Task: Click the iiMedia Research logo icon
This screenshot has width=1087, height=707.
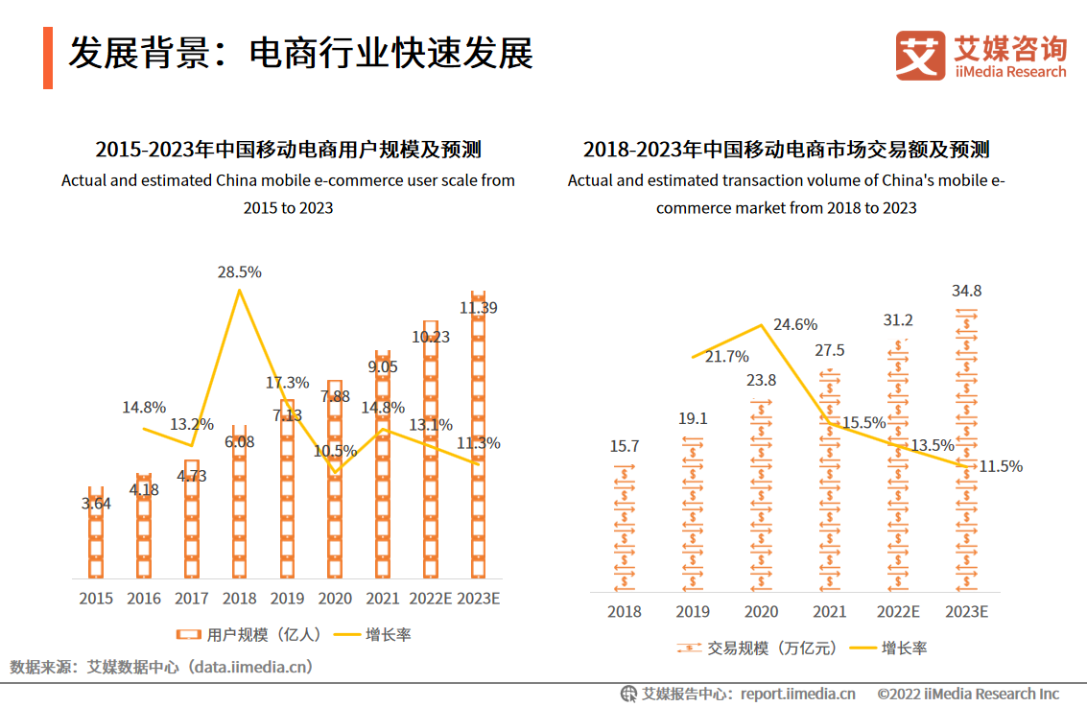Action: (919, 56)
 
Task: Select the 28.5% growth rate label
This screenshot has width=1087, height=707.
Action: (239, 272)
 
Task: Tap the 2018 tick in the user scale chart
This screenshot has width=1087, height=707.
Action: (239, 599)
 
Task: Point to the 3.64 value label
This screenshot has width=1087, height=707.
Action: (96, 503)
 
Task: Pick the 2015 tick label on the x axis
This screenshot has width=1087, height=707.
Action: (96, 599)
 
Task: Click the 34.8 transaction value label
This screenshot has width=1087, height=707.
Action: (966, 291)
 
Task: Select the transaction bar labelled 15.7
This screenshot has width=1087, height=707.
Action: (625, 528)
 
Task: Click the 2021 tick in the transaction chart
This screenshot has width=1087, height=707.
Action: (829, 611)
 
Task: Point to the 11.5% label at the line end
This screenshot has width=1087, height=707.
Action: (1001, 466)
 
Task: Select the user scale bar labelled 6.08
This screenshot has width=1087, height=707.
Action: (239, 508)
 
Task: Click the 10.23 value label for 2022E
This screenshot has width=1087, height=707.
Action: (431, 337)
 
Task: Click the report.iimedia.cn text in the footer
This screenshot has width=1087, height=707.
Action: (797, 694)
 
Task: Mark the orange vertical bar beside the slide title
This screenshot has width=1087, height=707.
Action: (48, 58)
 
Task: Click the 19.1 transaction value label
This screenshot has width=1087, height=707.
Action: (693, 418)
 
